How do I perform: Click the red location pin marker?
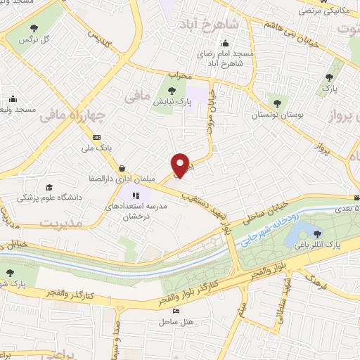181,165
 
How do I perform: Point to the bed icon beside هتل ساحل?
175,311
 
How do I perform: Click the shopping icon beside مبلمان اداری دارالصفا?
123,169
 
